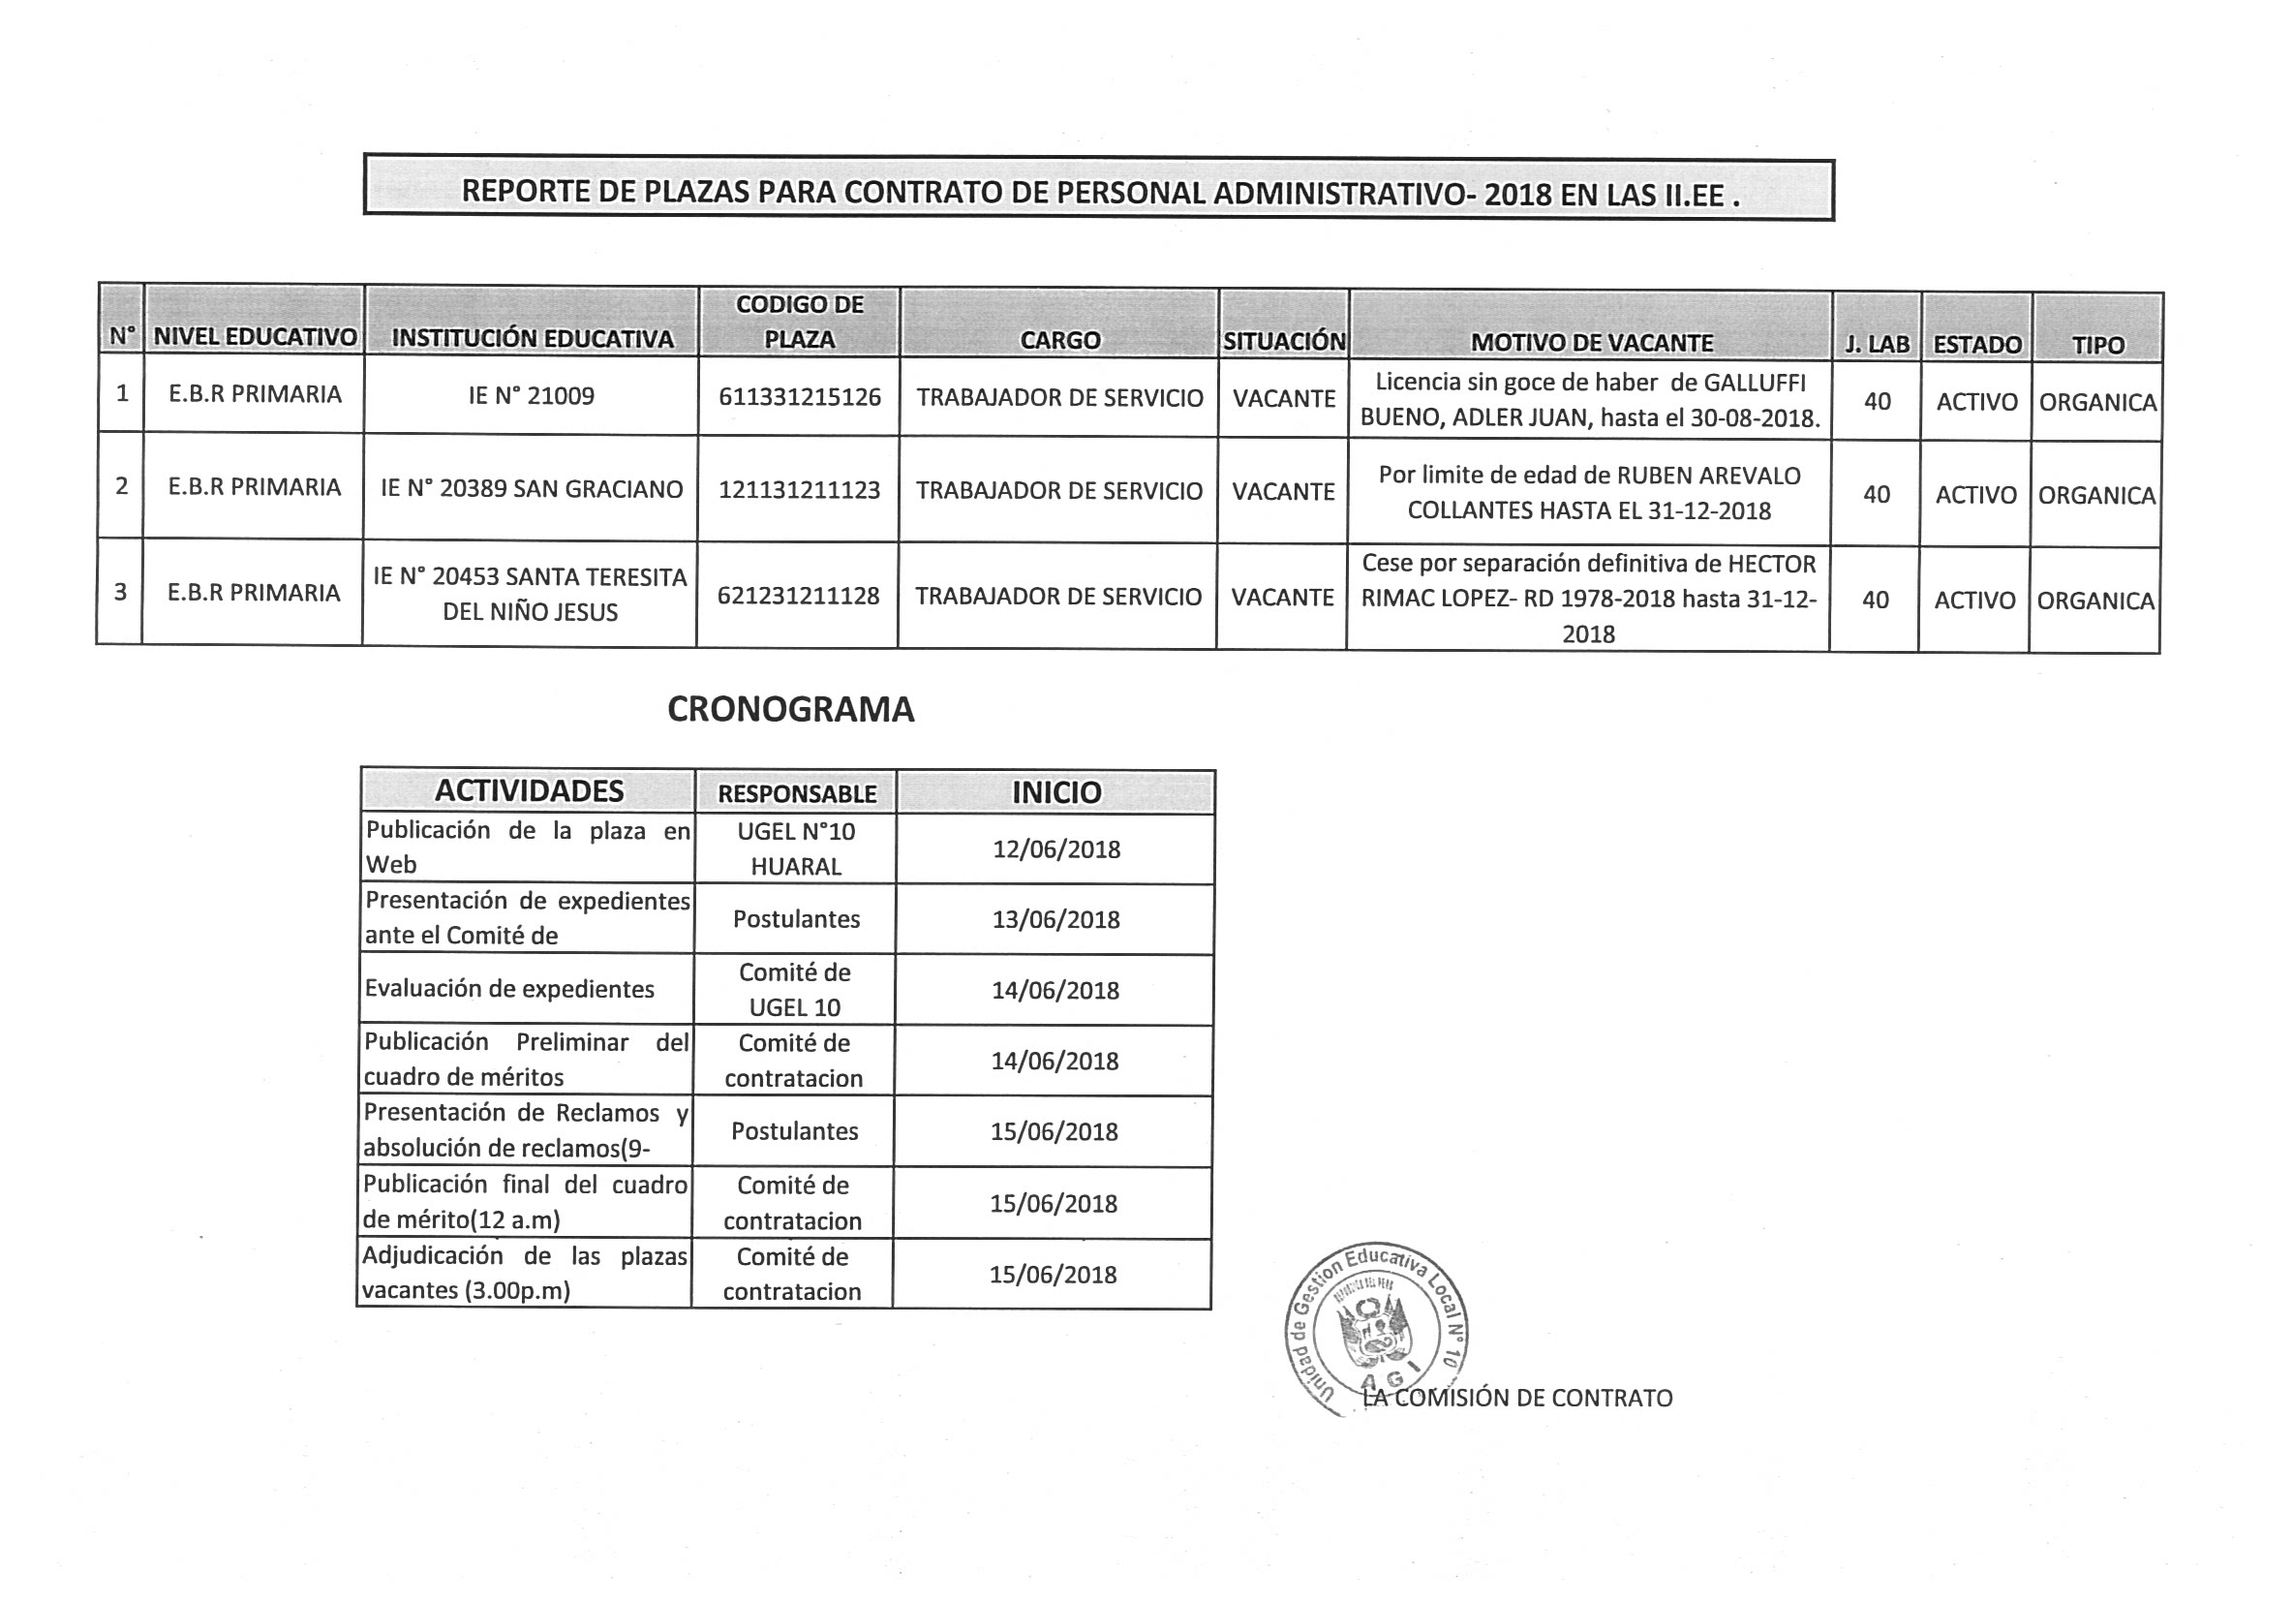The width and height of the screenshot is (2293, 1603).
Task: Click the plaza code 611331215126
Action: point(799,397)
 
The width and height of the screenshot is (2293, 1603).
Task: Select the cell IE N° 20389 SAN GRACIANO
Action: point(532,489)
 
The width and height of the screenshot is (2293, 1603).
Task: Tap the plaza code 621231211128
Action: point(798,597)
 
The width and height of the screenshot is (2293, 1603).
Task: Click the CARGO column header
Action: point(1059,341)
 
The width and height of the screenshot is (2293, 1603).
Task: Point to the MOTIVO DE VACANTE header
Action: point(1591,343)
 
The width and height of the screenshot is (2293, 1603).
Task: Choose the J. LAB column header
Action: point(1877,345)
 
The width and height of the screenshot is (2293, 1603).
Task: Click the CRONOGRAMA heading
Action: point(790,709)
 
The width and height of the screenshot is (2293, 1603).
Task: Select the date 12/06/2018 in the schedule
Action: point(1055,848)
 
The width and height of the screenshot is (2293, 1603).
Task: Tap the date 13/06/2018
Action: point(1055,919)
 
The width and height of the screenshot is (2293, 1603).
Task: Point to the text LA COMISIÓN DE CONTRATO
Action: point(1518,1398)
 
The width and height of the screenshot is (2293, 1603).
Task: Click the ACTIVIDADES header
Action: point(529,791)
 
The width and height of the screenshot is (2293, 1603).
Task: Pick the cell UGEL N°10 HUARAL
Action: point(796,848)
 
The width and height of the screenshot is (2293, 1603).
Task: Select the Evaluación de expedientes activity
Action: point(509,989)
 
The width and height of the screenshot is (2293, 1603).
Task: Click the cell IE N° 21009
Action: point(532,395)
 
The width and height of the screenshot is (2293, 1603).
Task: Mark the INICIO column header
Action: point(1055,792)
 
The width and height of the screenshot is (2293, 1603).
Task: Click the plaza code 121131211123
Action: point(799,490)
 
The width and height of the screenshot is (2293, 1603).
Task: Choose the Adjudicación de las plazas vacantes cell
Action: point(524,1274)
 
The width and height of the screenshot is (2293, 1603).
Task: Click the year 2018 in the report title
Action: point(1517,194)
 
